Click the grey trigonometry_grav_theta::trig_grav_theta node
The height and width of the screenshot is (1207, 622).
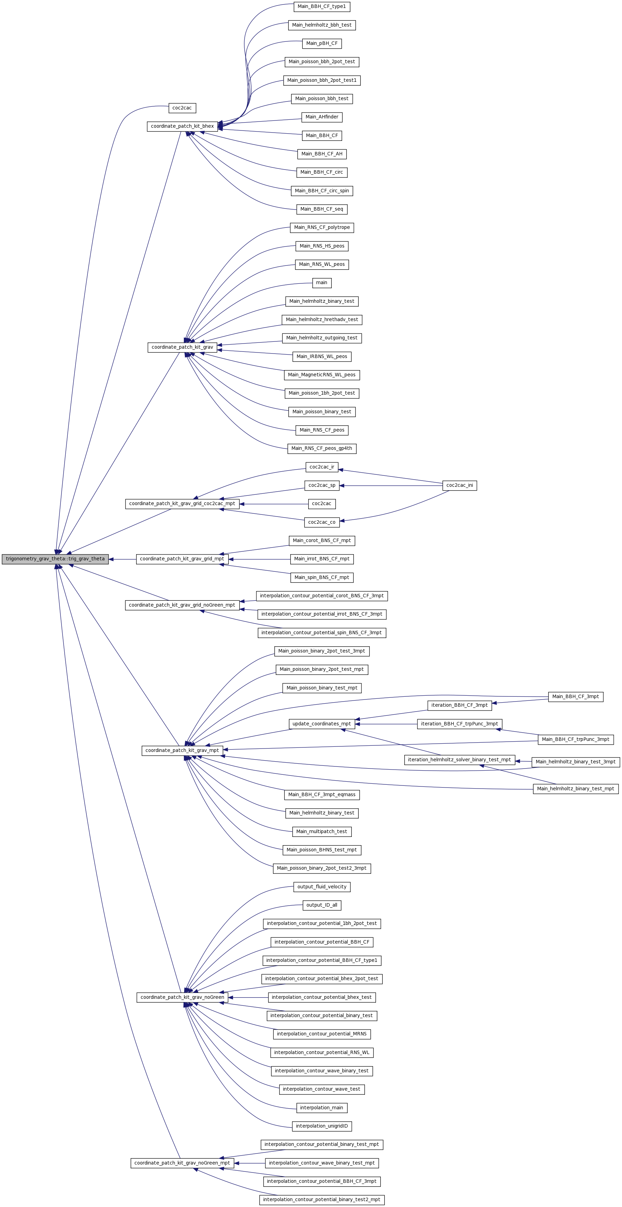[55, 559]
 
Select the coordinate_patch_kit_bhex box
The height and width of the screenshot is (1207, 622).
[182, 126]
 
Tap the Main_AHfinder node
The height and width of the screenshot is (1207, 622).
[322, 117]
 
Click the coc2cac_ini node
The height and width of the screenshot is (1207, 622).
[460, 485]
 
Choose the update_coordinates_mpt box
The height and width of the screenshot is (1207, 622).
[322, 724]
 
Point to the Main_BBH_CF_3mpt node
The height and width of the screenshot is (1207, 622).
[576, 697]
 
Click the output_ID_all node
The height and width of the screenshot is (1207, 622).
[322, 905]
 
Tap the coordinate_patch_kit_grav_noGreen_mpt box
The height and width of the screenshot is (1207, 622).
[182, 1163]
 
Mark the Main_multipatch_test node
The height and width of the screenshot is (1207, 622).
[322, 832]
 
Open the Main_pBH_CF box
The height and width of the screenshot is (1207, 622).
[322, 44]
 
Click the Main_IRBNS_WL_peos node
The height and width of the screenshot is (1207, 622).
[322, 357]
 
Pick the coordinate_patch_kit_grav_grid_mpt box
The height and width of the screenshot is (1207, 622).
[182, 559]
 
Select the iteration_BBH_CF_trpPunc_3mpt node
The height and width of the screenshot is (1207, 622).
[460, 724]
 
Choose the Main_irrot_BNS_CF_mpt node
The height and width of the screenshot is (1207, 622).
[322, 559]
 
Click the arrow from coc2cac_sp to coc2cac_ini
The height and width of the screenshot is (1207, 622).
[391, 486]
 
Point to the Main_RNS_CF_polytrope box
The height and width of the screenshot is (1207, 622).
[322, 228]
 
